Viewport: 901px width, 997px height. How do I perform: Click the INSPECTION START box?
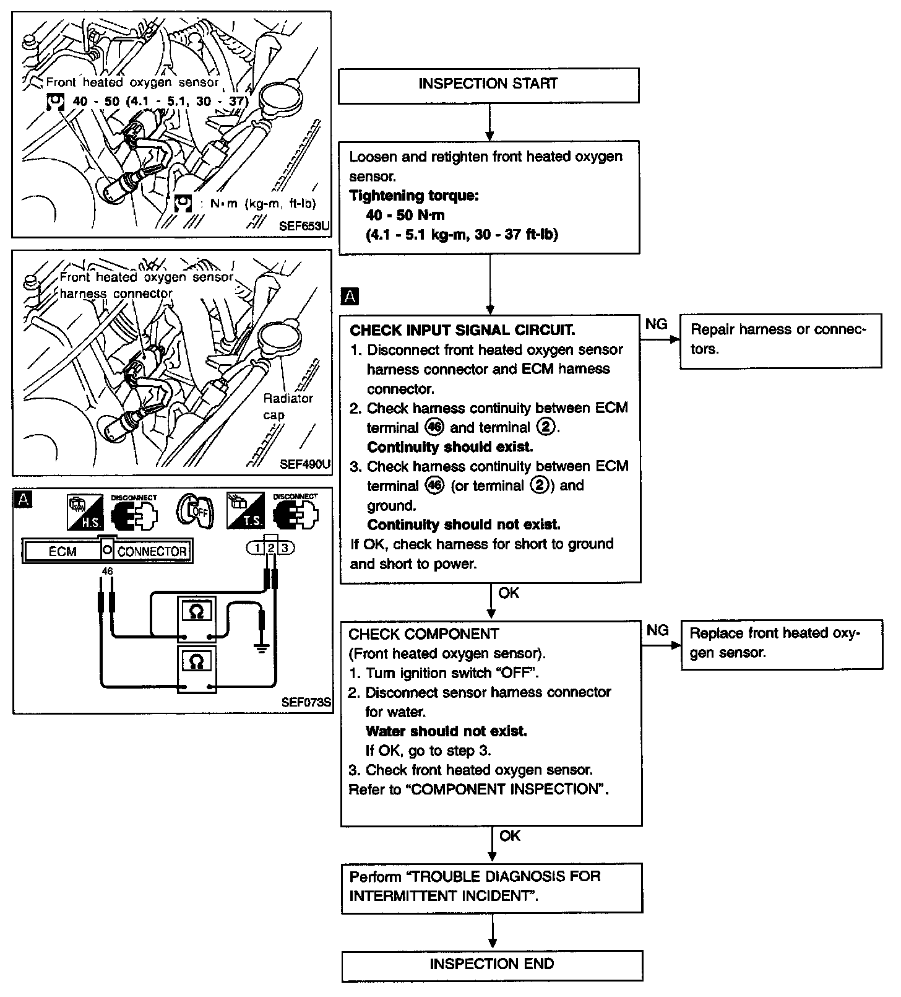[x=488, y=85]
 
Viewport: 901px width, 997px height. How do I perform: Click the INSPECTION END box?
[x=492, y=964]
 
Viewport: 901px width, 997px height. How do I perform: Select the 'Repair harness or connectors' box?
[x=780, y=341]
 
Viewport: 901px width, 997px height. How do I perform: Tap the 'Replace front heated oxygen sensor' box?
[x=781, y=644]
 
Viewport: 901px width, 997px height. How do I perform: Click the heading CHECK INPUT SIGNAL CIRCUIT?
[x=462, y=330]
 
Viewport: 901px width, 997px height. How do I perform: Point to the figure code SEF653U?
[x=304, y=227]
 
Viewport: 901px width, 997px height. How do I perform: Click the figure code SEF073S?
[x=306, y=702]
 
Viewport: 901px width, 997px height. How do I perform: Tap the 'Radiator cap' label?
[x=288, y=406]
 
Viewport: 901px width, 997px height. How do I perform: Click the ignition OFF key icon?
[x=195, y=512]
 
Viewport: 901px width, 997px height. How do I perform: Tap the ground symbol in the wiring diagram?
[x=262, y=648]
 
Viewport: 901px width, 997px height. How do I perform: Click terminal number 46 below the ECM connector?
[x=107, y=571]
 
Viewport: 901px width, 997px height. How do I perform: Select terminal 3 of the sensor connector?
[x=285, y=547]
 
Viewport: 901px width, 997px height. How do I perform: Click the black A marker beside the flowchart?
[x=350, y=297]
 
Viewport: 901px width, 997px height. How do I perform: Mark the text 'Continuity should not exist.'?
[x=463, y=525]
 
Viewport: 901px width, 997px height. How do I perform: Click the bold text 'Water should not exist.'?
[x=446, y=731]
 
